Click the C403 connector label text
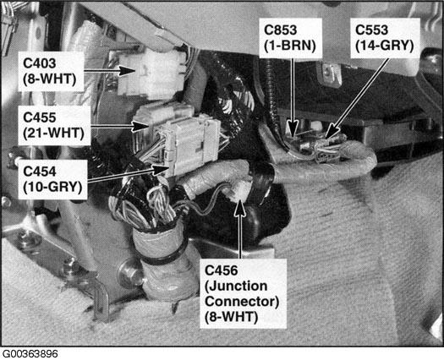[x=40, y=63]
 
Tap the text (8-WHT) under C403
[x=50, y=79]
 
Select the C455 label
[x=40, y=117]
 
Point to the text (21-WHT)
[x=53, y=133]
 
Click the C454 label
[x=40, y=172]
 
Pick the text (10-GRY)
[x=52, y=187]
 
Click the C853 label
[x=280, y=30]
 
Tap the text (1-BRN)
[x=290, y=46]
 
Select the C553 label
[x=371, y=30]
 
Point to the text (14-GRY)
[x=385, y=46]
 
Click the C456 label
[x=221, y=270]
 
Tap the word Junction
[x=236, y=286]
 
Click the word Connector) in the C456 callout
[x=242, y=302]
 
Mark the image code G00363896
[x=30, y=354]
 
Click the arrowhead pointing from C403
[x=126, y=70]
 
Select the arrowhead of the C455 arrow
[x=140, y=126]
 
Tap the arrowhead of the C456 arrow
[x=240, y=208]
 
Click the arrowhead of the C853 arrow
[x=293, y=128]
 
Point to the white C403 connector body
[x=151, y=74]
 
